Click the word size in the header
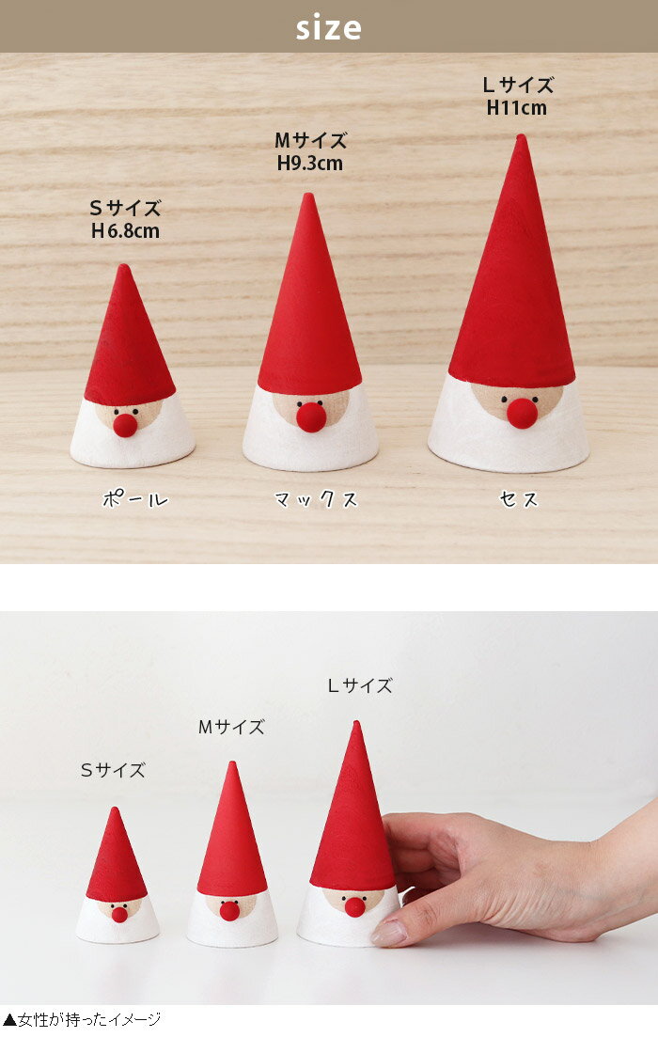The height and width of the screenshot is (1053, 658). tap(328, 27)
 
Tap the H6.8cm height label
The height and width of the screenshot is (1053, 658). tap(126, 231)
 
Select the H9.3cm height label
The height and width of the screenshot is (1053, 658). tap(310, 164)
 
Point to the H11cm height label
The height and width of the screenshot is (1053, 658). tap(517, 107)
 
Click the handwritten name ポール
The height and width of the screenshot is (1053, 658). tap(135, 499)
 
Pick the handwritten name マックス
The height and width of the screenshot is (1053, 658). tap(316, 499)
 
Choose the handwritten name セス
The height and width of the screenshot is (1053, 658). tap(518, 499)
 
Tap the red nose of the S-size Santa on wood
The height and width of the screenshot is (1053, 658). tap(125, 425)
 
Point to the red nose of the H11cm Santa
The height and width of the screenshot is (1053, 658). tap(522, 413)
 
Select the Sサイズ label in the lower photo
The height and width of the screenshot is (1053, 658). tap(113, 770)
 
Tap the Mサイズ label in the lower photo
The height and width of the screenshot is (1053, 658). tap(231, 727)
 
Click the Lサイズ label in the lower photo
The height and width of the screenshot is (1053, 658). tap(360, 685)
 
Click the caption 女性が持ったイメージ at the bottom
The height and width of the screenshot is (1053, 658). tap(89, 1019)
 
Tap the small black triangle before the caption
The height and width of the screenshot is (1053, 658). tap(9, 1020)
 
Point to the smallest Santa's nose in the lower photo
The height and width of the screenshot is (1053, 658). tap(119, 914)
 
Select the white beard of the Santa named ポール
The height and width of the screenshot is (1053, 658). tap(133, 443)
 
